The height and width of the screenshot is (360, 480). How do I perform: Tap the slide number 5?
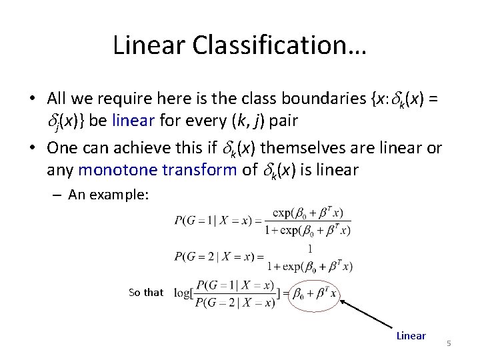(x=449, y=343)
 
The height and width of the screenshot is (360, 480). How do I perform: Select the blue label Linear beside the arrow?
(x=411, y=335)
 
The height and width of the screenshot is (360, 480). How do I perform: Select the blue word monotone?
(x=108, y=169)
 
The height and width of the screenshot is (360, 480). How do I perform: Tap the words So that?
(x=145, y=292)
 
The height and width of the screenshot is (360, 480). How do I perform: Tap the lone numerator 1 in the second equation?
(x=309, y=249)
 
